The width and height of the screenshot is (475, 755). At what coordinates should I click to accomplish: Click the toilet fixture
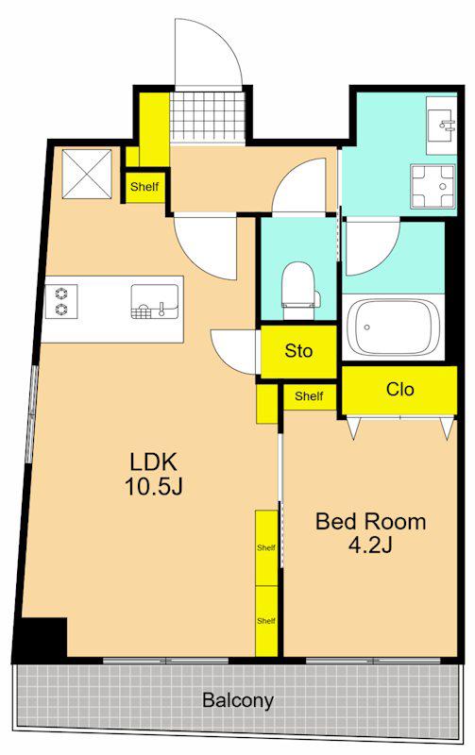pos(300,291)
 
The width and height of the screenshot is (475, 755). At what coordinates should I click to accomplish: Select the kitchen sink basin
pos(155,301)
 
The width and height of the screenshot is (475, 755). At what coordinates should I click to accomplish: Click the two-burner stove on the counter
pos(61,301)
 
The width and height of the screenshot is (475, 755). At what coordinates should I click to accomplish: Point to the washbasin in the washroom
pos(441,126)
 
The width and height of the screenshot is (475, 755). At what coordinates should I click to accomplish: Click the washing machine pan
pos(433,186)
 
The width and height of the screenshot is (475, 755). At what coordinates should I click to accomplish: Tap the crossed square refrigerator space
pos(87,174)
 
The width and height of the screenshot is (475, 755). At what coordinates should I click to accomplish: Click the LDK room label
pos(154,461)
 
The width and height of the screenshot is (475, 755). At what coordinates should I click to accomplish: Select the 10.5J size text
pos(154,486)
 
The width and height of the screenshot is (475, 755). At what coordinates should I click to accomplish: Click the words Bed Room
pos(370,522)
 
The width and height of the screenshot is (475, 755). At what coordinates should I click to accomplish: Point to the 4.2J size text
pos(370,545)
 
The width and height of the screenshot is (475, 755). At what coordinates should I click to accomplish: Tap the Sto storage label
pos(298,350)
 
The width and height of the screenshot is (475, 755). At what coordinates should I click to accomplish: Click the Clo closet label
pos(399,389)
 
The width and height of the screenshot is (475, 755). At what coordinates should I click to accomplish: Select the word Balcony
pos(238,700)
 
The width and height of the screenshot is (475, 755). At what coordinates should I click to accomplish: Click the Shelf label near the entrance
pos(144,186)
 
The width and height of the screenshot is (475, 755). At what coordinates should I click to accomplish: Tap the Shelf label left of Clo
pos(309,395)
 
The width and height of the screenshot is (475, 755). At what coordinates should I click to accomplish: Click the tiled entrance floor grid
pos(208,115)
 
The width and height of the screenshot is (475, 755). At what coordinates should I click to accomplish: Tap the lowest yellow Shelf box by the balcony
pos(266,621)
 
